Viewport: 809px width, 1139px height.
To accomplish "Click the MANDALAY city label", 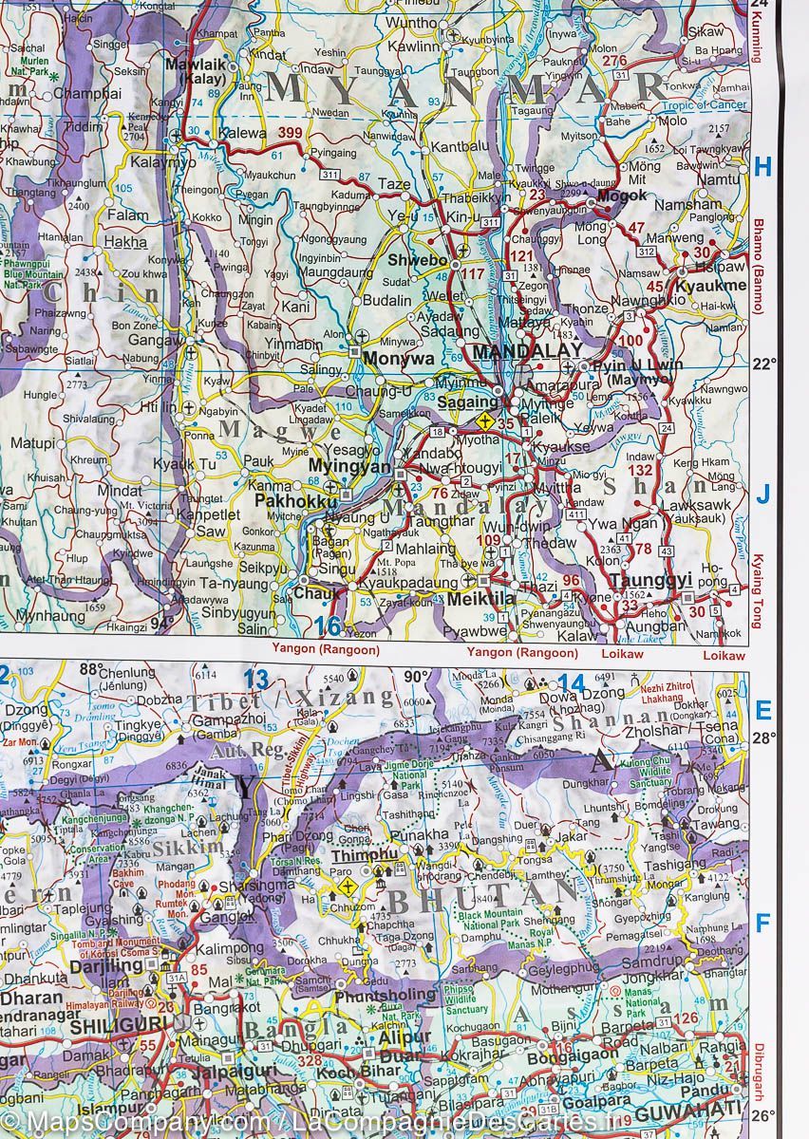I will [527, 352].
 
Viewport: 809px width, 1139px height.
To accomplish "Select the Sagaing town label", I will [467, 402].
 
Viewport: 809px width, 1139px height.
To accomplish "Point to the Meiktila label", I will [480, 599].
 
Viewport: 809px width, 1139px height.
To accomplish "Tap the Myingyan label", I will [350, 467].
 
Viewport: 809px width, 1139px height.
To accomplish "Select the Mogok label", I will [622, 195].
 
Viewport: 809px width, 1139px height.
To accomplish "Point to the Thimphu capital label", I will [365, 854].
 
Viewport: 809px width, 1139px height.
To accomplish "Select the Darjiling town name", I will [105, 963].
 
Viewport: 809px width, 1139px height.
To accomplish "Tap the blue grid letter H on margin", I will [762, 167].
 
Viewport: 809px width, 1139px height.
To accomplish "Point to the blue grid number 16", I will [328, 626].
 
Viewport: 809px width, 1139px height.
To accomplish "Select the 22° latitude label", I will [765, 364].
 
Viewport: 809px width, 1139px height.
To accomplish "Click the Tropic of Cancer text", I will [704, 104].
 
